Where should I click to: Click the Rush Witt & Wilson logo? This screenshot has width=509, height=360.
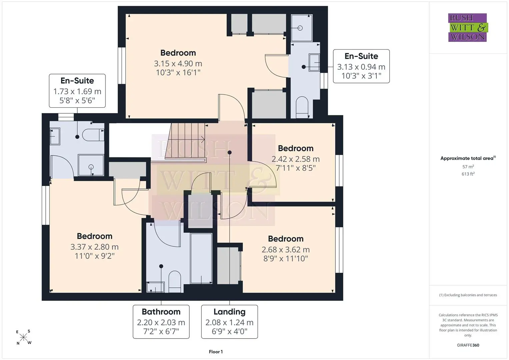[x=468, y=27]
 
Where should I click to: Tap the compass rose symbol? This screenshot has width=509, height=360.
[x=23, y=337]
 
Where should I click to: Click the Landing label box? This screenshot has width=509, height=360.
[x=230, y=322]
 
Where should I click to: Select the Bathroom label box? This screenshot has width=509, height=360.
[x=161, y=322]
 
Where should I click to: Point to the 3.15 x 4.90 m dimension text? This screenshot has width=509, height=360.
[x=178, y=63]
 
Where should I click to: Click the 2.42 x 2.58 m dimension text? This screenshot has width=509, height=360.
[x=296, y=159]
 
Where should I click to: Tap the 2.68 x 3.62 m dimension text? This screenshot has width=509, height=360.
[x=286, y=250]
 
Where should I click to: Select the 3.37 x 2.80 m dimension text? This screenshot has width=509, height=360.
[x=95, y=247]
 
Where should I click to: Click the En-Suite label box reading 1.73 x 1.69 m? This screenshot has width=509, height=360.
[x=77, y=91]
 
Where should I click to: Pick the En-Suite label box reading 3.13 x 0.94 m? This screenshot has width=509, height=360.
[x=361, y=66]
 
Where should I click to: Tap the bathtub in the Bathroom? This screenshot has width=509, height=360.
[x=201, y=258]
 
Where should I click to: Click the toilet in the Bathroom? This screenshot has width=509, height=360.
[x=175, y=281]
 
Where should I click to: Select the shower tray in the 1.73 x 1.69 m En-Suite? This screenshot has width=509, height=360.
[x=91, y=165]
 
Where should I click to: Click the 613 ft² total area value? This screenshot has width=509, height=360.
[x=468, y=174]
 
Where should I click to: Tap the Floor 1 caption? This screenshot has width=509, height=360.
[x=216, y=352]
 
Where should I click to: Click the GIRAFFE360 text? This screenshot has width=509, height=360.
[x=468, y=345]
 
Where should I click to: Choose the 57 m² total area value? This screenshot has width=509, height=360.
[x=468, y=167]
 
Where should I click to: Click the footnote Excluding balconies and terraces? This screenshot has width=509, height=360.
[x=468, y=295]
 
